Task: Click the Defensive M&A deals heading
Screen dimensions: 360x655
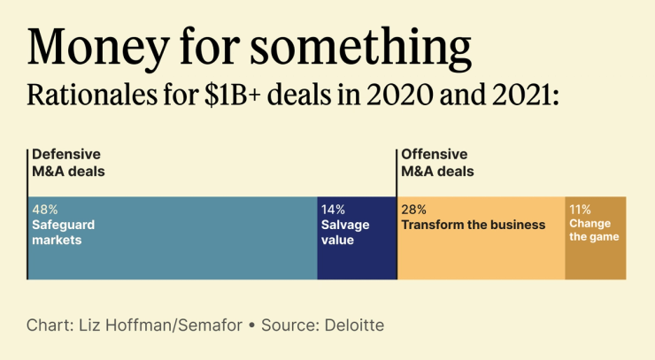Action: tap(68, 162)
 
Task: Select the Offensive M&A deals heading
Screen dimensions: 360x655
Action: tap(438, 162)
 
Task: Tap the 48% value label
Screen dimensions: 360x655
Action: tap(45, 211)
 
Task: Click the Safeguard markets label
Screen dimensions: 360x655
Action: tap(63, 232)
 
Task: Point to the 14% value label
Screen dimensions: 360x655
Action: tap(333, 211)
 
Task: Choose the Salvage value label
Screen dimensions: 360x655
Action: tap(345, 232)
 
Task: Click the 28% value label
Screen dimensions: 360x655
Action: tap(414, 211)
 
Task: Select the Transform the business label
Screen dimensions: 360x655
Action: tap(474, 225)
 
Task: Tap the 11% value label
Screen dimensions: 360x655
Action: tap(580, 210)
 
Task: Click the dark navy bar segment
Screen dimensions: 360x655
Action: tap(357, 261)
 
